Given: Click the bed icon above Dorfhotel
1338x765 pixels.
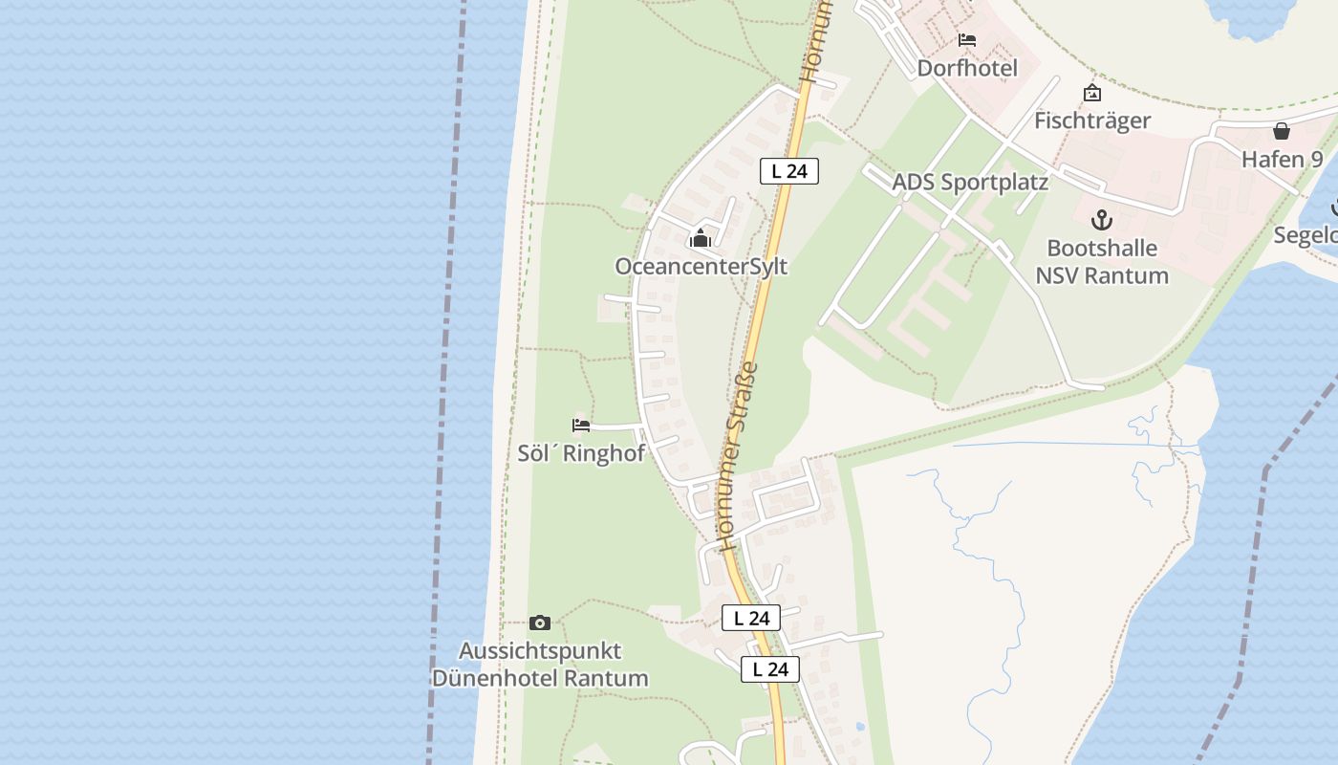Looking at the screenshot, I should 967,40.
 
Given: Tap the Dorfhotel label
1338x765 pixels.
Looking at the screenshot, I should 967,68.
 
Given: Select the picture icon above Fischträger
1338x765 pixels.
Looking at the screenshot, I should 1092,93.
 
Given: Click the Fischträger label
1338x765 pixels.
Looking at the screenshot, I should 1092,120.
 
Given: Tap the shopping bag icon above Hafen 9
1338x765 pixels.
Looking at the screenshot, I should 1282,131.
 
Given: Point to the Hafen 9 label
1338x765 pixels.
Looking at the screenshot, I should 1282,159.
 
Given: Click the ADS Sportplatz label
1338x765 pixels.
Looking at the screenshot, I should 970,182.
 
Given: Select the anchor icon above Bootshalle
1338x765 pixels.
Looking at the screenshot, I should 1102,220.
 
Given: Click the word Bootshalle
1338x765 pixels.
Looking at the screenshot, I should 1102,248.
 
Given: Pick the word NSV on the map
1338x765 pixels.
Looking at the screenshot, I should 1059,275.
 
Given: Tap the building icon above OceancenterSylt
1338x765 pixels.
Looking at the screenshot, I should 701,238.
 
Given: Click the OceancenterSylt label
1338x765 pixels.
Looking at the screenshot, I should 701,266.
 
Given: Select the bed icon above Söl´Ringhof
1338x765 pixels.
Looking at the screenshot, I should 581,425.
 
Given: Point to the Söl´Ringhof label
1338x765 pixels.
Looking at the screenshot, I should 581,453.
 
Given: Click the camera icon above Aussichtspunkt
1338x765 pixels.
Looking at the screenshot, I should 540,623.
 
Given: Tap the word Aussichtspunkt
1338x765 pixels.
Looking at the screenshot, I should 540,650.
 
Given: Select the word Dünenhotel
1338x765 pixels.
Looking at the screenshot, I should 492,678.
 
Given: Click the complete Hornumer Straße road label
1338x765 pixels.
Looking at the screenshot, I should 738,456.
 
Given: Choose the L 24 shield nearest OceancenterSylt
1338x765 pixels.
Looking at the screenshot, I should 789,171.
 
